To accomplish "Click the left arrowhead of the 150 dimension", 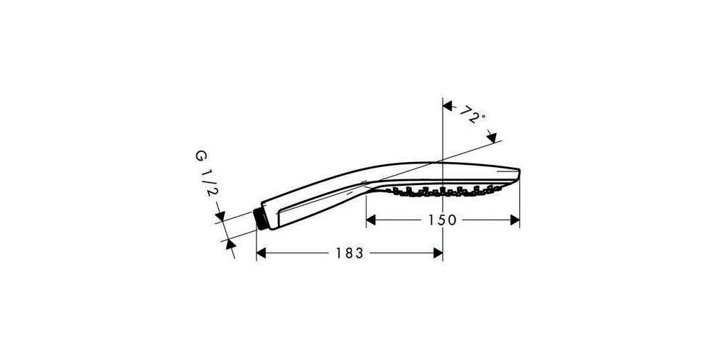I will pos(371,220).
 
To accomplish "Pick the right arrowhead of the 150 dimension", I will pos(515,220).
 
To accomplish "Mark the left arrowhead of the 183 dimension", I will pos(262,253).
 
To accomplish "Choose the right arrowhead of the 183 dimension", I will pos(437,253).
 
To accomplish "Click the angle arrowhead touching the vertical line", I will pos(447,107).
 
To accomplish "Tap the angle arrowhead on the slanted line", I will pos(492,136).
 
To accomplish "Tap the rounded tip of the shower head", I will pos(517,173).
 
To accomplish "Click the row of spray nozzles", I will pos(443,191).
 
